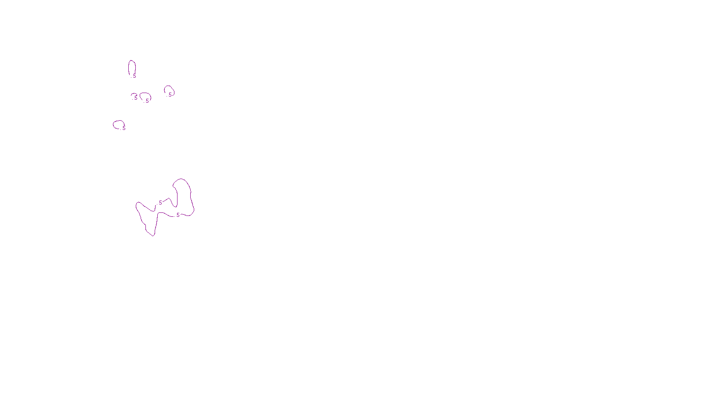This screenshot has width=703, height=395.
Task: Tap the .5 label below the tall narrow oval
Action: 134,76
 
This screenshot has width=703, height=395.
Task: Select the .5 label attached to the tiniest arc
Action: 135,98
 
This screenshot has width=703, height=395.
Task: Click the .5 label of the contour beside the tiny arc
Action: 147,101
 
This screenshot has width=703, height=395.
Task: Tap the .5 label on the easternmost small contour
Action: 170,95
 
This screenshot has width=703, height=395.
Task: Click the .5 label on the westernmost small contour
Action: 123,128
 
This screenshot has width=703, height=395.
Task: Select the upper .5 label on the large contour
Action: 160,203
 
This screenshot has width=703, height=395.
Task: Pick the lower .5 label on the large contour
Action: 178,215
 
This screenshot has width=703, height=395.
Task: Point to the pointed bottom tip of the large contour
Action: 153,235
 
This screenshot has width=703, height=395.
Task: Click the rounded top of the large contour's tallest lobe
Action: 181,180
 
